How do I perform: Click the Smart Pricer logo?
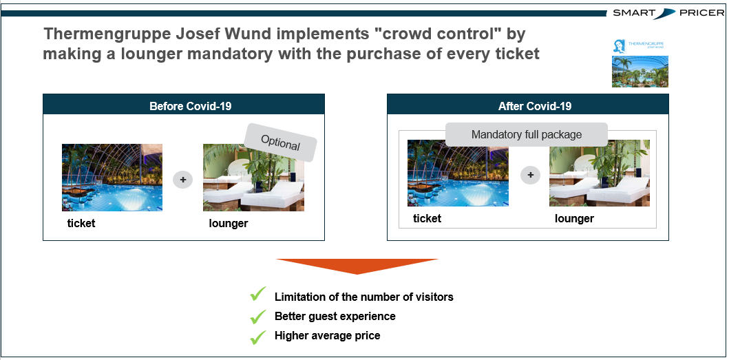[x=668, y=13]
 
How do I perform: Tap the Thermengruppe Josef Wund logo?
[x=640, y=45]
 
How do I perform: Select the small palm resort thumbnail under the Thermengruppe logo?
[x=640, y=72]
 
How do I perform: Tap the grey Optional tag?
[x=280, y=142]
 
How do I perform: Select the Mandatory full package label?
[x=527, y=135]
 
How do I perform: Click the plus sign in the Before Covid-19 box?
[x=182, y=180]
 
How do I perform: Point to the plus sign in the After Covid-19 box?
[x=531, y=176]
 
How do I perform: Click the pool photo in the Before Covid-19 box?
[x=112, y=177]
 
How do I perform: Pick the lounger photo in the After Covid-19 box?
[x=600, y=173]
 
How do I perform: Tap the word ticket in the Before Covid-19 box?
[x=81, y=223]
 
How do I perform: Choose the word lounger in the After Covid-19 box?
[x=574, y=219]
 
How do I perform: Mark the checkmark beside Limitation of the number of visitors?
[x=257, y=294]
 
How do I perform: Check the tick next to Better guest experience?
[x=257, y=316]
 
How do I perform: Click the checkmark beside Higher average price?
[x=257, y=337]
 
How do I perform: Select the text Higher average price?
[x=327, y=335]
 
